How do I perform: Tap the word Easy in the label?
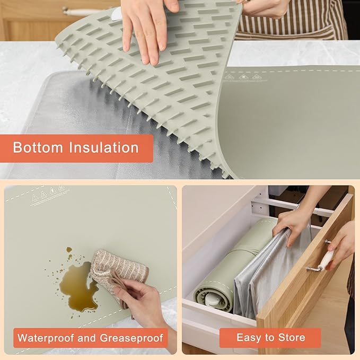(x=248, y=338)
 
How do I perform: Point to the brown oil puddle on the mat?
(x=77, y=286)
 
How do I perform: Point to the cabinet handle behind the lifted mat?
(x=82, y=11)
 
